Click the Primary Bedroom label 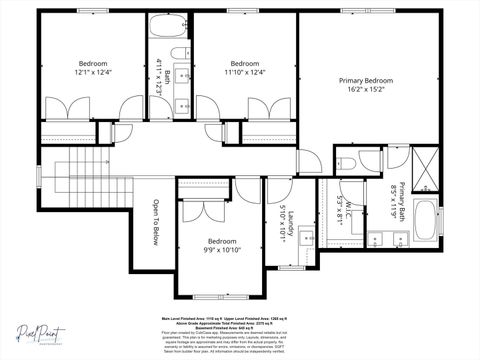pos(365,80)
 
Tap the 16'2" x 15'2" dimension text pos(365,90)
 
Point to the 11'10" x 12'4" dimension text pos(245,72)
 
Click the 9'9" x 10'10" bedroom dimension pos(222,251)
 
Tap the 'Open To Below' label pos(155,222)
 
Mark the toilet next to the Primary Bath pos(345,164)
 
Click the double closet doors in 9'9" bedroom pos(203,209)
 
